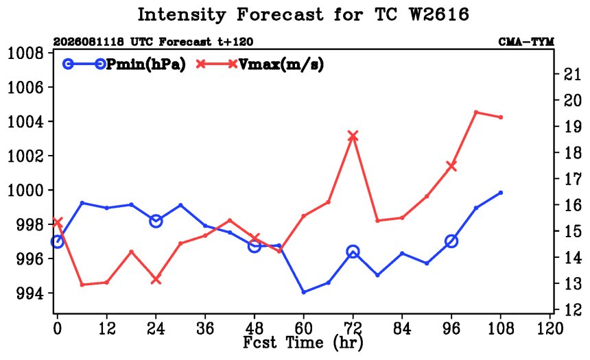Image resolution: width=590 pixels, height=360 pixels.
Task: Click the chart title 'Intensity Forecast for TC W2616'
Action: tap(303, 15)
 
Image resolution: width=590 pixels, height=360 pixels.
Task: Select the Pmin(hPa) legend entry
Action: tap(124, 64)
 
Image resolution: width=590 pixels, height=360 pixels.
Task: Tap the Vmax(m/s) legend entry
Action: tap(259, 64)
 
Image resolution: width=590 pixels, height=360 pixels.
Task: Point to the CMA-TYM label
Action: tap(526, 42)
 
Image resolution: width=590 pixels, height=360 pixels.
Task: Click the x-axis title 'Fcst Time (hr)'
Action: tap(303, 343)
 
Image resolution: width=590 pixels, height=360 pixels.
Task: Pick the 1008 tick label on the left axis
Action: tap(25, 53)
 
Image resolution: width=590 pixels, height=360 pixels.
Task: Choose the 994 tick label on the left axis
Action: tap(29, 293)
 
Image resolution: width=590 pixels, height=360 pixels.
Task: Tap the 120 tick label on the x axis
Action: tap(550, 328)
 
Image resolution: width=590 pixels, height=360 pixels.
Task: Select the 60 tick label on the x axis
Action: tap(303, 328)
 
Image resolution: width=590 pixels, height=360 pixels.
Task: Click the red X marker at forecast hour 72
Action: tap(353, 136)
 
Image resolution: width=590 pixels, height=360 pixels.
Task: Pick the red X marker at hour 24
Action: tap(156, 280)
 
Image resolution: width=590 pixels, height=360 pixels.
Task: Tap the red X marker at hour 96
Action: tap(451, 166)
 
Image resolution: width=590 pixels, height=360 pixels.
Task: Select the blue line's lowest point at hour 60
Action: tap(304, 292)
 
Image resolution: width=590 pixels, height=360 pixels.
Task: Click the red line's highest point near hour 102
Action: tap(476, 112)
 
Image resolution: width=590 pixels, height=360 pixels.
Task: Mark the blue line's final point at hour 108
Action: tap(501, 193)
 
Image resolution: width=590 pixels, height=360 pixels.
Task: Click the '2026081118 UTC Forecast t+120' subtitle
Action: tap(153, 42)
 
